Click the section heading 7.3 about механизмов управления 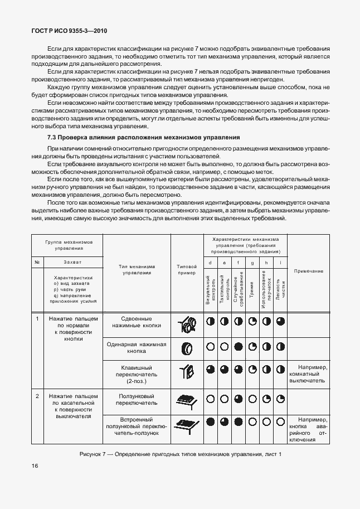coord(143,137)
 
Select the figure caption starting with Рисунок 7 coord(180,454)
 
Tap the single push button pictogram coord(187,348)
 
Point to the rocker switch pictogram coord(187,372)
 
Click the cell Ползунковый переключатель coord(137,399)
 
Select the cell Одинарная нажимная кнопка coord(137,348)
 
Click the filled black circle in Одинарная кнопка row coord(239,347)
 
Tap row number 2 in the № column coord(37,396)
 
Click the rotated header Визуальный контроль coord(209,289)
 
